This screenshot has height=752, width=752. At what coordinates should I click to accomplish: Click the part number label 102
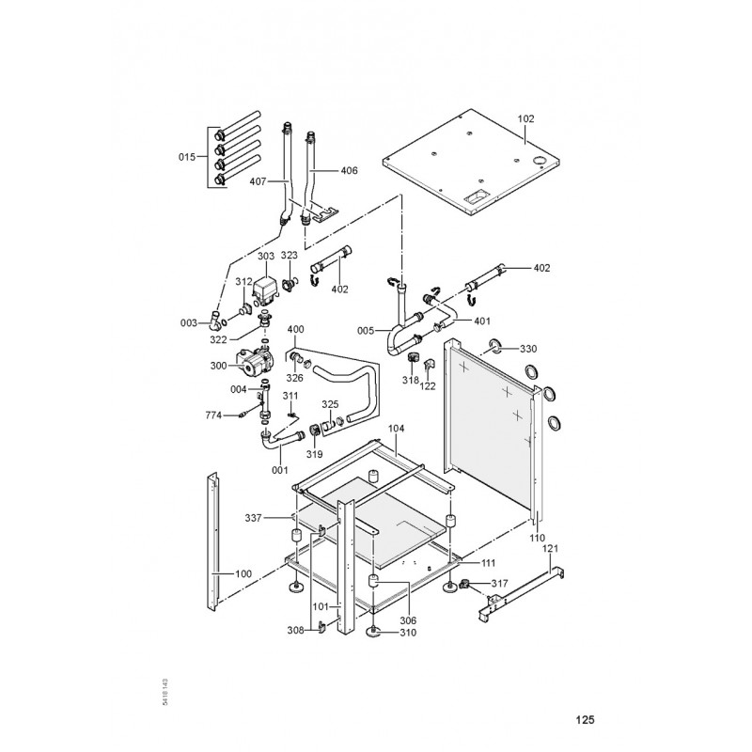pos(525,118)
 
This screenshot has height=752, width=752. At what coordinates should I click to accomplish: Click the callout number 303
pos(265,256)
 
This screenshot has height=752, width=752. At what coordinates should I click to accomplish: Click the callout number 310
pos(407,633)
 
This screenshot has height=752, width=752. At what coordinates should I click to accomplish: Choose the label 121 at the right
pos(551,548)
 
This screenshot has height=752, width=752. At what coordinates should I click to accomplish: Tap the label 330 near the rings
pos(528,349)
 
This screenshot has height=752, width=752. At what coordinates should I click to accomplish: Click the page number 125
pos(585,721)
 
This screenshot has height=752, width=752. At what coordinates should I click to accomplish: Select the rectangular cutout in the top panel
pos(472,198)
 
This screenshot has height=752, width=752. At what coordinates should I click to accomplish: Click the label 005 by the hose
pos(367,330)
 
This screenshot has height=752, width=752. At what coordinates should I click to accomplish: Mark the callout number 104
pos(397,428)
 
